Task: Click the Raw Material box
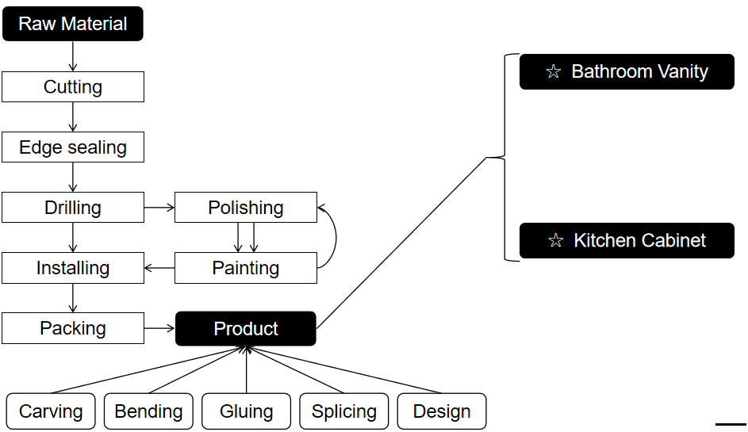click(72, 24)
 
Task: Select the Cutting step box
click(73, 87)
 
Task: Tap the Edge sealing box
click(73, 147)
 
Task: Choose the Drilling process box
click(73, 208)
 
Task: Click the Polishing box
click(246, 208)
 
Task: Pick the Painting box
click(246, 268)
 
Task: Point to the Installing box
click(73, 268)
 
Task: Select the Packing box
click(73, 328)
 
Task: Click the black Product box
click(246, 328)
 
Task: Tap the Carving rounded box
click(51, 411)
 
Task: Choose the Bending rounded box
click(148, 411)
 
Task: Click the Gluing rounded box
click(246, 411)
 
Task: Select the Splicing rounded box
click(343, 411)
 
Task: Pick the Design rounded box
click(442, 411)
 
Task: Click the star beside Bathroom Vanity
click(554, 72)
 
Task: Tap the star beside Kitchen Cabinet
click(555, 241)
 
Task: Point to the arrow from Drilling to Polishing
click(159, 208)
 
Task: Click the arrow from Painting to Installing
click(159, 268)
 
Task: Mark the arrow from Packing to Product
click(159, 328)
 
